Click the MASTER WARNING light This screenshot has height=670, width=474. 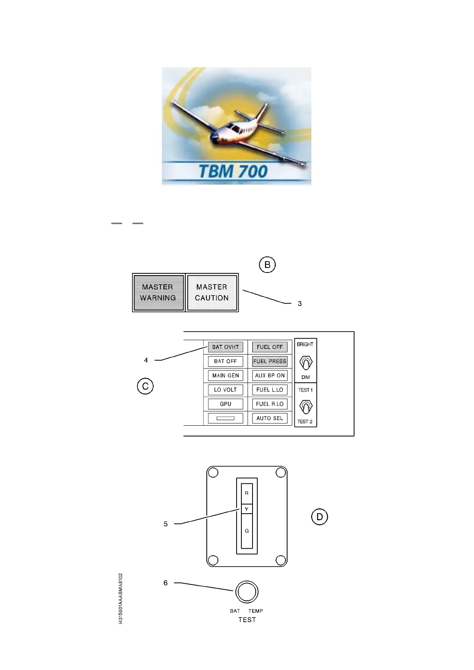158,292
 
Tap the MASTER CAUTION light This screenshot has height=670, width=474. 212,292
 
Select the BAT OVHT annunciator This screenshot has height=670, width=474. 225,347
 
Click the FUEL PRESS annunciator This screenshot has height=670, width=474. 270,361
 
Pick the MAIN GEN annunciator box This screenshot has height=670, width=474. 225,376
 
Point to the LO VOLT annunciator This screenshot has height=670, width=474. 225,390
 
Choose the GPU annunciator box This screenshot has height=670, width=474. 225,404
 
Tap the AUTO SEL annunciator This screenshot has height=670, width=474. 270,418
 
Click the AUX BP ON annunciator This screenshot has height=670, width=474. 270,376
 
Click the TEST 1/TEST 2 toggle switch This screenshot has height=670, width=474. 305,407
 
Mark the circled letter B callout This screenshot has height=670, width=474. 267,265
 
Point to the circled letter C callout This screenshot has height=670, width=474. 145,386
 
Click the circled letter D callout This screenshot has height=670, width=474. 319,517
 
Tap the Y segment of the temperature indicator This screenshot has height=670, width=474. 247,509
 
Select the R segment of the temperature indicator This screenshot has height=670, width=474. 247,493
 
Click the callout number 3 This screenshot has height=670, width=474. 300,304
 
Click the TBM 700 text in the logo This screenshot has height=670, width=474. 233,171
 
